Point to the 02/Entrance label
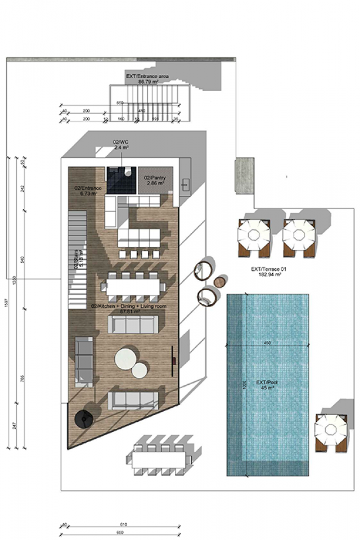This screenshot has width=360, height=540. pos(86,191)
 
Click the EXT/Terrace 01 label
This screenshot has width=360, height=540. pos(267,272)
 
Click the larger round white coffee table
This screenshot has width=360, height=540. pos(126,359)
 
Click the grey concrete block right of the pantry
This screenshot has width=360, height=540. pos(245,176)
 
